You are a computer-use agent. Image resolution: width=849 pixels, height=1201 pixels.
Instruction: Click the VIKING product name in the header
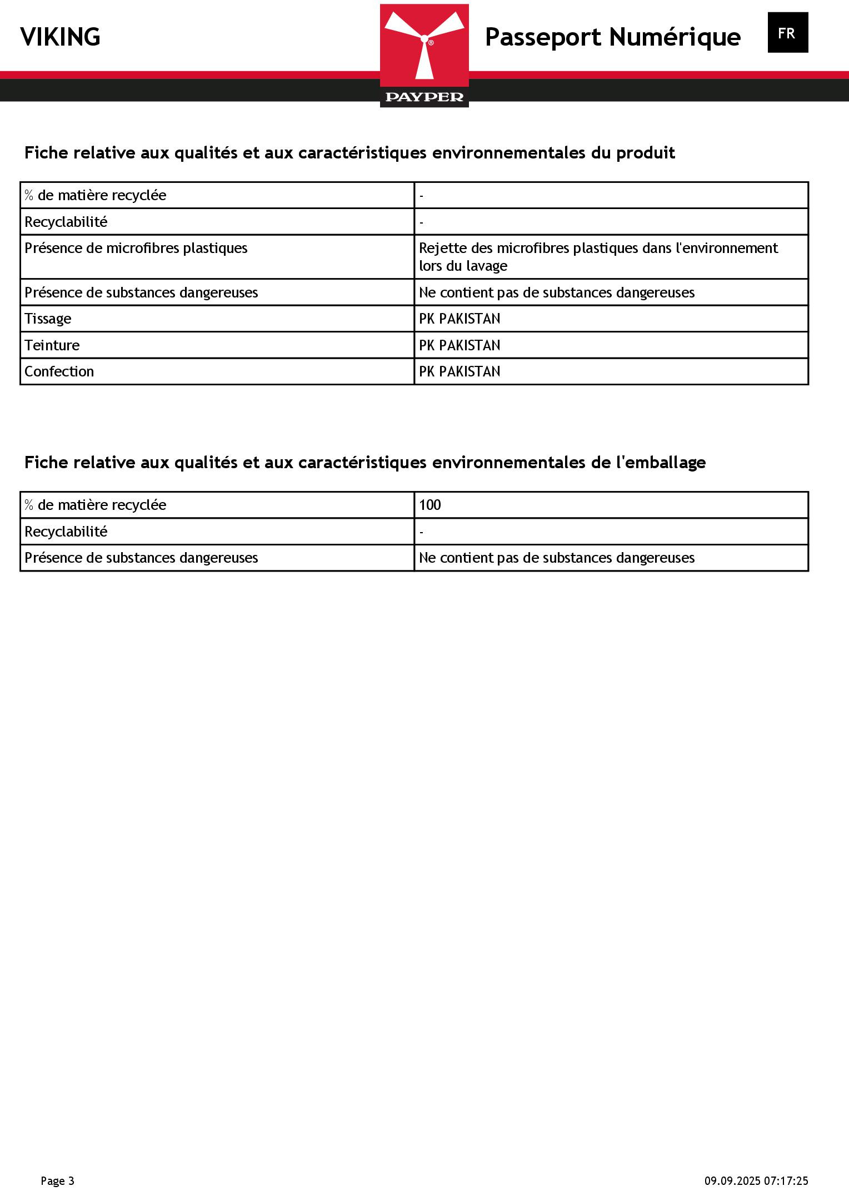(x=60, y=37)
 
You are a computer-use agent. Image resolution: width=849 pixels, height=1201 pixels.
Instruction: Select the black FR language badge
(x=787, y=33)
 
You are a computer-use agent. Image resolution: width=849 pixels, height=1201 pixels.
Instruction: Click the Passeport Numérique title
(x=612, y=37)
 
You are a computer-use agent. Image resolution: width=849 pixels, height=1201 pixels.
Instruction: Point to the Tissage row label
(x=48, y=319)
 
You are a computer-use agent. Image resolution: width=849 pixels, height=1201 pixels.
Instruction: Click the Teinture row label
(x=52, y=345)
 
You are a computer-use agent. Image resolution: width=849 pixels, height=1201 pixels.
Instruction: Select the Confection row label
(x=59, y=371)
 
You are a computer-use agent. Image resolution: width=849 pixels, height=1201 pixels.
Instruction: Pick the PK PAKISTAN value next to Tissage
(x=460, y=319)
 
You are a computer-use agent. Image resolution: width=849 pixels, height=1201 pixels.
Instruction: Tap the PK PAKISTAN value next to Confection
(x=460, y=371)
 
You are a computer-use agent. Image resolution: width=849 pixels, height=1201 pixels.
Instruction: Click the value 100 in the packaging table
(x=430, y=505)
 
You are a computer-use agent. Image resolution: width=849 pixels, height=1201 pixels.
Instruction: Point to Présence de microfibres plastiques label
(x=136, y=248)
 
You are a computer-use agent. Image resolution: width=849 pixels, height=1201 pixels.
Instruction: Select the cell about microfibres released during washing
(x=598, y=257)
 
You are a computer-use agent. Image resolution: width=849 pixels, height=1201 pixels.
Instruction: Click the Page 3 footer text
(x=57, y=1180)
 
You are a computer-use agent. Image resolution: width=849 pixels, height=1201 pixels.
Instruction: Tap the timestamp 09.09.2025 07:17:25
(x=756, y=1180)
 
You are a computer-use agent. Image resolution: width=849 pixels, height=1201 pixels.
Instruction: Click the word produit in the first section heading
(x=645, y=153)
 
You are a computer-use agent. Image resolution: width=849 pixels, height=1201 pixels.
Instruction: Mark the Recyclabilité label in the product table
(x=66, y=222)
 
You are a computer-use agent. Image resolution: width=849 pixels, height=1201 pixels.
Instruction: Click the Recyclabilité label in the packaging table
(x=66, y=532)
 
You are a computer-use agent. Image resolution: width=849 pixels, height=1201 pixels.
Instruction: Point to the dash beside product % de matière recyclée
(x=422, y=196)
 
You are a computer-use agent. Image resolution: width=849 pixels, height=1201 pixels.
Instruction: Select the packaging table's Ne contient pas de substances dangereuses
(x=556, y=558)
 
